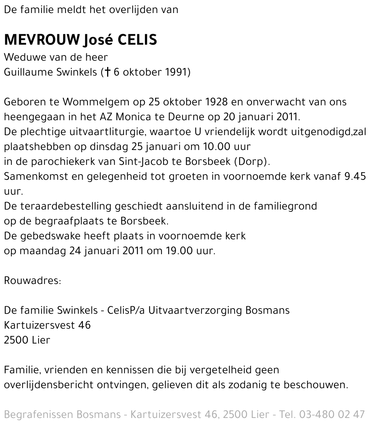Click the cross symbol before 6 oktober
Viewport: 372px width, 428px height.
pyautogui.click(x=108, y=72)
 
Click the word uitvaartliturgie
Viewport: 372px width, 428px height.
pyautogui.click(x=103, y=132)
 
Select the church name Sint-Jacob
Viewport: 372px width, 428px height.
pyautogui.click(x=142, y=162)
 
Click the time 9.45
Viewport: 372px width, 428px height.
pyautogui.click(x=355, y=176)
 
